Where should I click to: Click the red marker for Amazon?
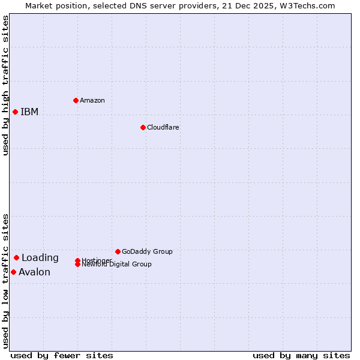[76, 100]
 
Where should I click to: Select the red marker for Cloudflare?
[143, 127]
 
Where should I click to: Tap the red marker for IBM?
[15, 112]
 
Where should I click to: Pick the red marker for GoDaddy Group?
[118, 251]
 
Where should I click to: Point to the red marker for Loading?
[16, 257]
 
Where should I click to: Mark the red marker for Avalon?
[13, 272]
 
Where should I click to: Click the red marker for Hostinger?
[77, 260]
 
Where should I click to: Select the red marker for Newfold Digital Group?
[77, 265]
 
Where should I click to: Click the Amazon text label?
[92, 100]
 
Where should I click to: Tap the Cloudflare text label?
[163, 127]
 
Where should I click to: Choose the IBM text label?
[29, 112]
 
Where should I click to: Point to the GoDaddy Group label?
[147, 251]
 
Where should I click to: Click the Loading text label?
[40, 258]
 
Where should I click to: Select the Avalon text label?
[34, 272]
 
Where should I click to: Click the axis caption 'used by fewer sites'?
[62, 355]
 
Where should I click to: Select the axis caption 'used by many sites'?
[301, 355]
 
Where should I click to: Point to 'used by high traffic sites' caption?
[5, 85]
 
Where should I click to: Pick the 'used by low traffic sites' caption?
[5, 280]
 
